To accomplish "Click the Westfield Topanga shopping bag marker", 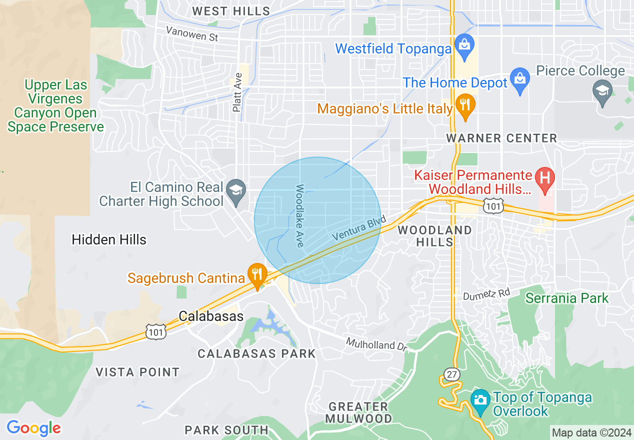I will tap(465, 44).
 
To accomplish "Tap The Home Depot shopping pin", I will tap(520, 80).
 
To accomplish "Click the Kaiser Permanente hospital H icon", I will tap(545, 178).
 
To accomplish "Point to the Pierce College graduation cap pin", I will tap(602, 91).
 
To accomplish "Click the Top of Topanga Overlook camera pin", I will tap(480, 400).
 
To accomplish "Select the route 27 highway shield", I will tap(451, 373).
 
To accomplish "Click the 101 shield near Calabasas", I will tap(157, 331).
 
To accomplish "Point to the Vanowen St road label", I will tap(192, 34).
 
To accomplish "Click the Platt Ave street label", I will tap(237, 92).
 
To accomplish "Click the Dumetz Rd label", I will tap(486, 294).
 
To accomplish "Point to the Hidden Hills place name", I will tap(109, 239).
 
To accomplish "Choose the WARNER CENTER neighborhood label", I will tap(501, 138).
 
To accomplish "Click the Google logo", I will tap(34, 428).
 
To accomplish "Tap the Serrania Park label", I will tap(567, 298).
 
